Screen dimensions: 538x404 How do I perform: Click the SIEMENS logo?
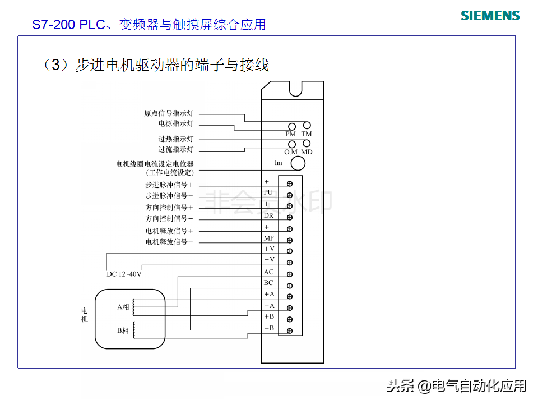coord(490,15)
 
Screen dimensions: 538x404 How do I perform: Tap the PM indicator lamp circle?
coord(292,126)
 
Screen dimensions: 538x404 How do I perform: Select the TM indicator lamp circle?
coord(307,126)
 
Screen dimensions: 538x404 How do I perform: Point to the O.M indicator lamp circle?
coord(292,144)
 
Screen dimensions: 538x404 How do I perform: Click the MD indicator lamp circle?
coord(307,144)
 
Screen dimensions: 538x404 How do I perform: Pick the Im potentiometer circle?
coord(297,163)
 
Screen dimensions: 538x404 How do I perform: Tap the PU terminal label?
coord(268,192)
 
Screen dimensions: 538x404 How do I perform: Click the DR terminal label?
coord(268,215)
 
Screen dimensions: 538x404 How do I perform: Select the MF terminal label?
coord(269,238)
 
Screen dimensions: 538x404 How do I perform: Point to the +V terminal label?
coord(269,249)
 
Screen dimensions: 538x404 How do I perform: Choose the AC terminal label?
coord(269,272)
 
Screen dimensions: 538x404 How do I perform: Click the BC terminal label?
coord(269,283)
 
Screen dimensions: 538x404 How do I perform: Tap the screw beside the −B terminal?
coord(290,330)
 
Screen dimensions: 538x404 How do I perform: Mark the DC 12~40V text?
coord(124,274)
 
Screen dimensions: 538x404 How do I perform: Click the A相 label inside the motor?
coord(123,307)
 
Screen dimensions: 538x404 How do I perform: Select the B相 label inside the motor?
coord(123,331)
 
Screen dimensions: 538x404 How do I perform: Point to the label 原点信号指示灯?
coord(169,113)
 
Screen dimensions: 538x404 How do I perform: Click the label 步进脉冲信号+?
coord(169,185)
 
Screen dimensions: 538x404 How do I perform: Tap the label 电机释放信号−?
coord(169,242)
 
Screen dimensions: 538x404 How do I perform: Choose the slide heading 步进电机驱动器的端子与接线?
coord(171,66)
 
